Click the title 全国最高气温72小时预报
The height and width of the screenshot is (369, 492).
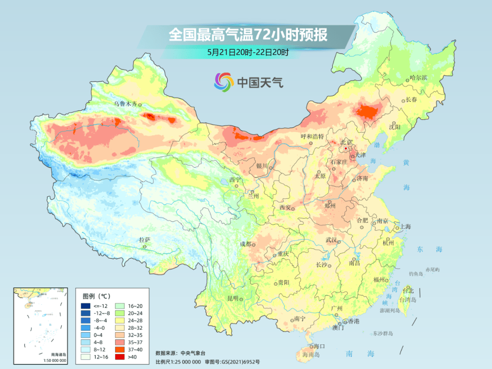point(248,35)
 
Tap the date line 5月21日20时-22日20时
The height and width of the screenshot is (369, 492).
point(248,52)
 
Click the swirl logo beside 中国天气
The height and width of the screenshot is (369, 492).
point(224,82)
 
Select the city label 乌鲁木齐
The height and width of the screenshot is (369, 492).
point(125,104)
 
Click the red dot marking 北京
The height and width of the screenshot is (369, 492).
point(346,149)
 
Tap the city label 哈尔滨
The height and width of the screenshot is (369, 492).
point(418,78)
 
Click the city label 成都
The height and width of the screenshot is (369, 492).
point(246,244)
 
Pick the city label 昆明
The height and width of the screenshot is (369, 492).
point(233,298)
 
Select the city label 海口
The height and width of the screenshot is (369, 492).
point(319,346)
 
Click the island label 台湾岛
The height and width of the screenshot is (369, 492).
point(408,300)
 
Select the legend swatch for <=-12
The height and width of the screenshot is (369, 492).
point(86,305)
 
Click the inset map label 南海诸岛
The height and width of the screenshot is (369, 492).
point(58,355)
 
